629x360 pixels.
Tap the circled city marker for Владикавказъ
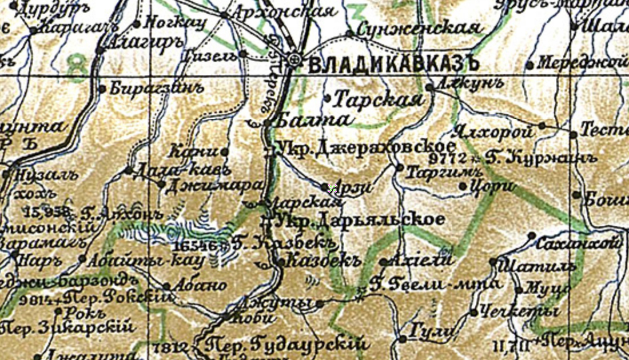[x=294, y=59]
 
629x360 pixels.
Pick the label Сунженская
[x=417, y=28]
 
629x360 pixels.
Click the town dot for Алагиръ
[x=99, y=51]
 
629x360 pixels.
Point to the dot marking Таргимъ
[x=400, y=167]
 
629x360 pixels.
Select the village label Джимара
[x=212, y=186]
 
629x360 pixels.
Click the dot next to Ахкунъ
[x=429, y=87]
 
